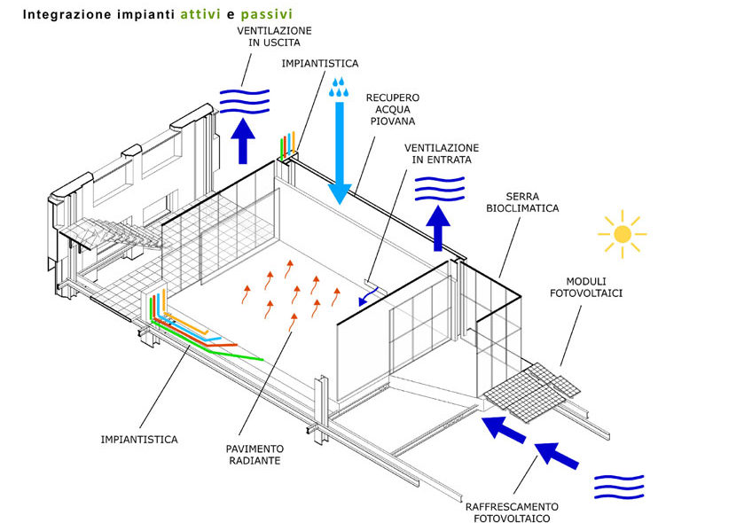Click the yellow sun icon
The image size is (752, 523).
pos(622,234)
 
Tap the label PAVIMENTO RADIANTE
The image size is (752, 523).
pos(255,455)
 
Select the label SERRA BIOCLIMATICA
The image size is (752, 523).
pos(522,202)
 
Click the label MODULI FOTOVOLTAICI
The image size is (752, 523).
pos(586,287)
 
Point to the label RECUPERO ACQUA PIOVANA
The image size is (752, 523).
pos(393,109)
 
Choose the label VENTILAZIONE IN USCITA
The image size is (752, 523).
pos(274,36)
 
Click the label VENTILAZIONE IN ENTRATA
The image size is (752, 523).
pos(442,153)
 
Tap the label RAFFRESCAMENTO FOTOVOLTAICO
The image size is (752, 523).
pos(512,512)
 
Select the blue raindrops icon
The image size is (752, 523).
pos(339,87)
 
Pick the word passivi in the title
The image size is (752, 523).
pos(267,15)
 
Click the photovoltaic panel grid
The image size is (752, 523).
pos(532,392)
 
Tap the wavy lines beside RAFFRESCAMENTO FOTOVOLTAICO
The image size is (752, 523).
pos(619,487)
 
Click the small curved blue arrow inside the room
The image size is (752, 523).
pos(368,296)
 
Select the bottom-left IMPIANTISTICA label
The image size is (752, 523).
pos(139,439)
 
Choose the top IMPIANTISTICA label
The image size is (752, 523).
pos(320,63)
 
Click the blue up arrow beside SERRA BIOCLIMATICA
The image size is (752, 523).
pos(438,228)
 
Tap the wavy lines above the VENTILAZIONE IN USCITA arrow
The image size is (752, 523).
pos(245,102)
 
